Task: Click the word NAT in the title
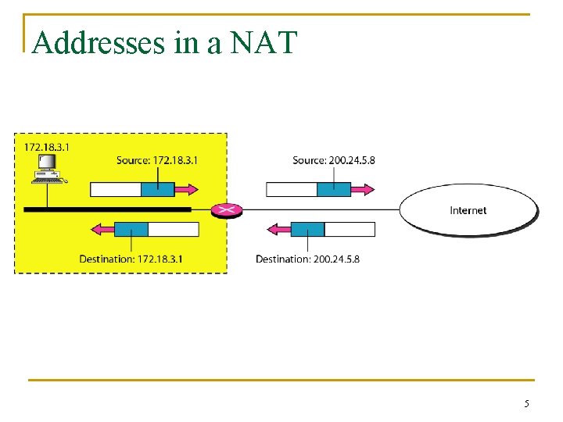[x=264, y=42]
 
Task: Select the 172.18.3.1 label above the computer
[x=47, y=147]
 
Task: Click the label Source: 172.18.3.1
[x=157, y=160]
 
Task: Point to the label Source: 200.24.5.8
[x=334, y=160]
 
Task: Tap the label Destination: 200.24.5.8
[x=307, y=259]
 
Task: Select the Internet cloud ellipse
[x=469, y=210]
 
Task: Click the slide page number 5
[x=526, y=404]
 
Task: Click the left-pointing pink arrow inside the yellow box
[x=102, y=229]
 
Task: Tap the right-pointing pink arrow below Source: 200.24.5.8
[x=364, y=189]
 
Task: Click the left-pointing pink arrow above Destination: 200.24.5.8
[x=278, y=229]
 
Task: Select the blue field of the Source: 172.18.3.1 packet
[x=157, y=189]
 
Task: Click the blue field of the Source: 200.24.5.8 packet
[x=333, y=189]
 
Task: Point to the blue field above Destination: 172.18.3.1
[x=131, y=229]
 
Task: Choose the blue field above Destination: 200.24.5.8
[x=307, y=229]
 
